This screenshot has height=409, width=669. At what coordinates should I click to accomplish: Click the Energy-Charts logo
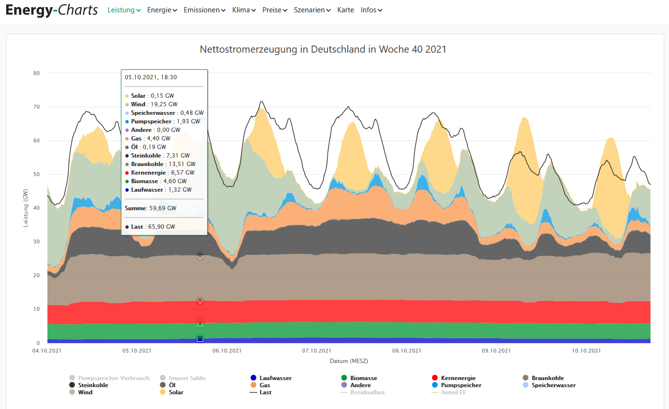pos(52,10)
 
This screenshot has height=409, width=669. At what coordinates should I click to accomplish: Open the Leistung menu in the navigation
pos(124,10)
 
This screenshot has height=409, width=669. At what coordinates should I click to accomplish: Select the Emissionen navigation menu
pos(204,10)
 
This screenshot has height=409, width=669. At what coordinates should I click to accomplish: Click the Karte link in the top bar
pos(346,10)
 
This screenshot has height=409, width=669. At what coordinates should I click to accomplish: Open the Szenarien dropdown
pos(312,10)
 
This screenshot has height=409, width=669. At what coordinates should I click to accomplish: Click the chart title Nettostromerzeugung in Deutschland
pos(323,49)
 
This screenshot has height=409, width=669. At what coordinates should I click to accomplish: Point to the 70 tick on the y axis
pos(37,107)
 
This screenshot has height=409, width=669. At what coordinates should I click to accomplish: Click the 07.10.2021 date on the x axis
pos(316,351)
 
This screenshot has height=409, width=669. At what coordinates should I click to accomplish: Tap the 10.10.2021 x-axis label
pos(586,351)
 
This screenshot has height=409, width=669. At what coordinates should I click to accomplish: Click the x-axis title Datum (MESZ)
pos(349,361)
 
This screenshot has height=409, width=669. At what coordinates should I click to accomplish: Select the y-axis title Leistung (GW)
pos(26,208)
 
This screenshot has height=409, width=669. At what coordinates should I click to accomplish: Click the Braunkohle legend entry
pos(547,378)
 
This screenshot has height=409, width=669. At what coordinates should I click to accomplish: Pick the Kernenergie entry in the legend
pos(458,378)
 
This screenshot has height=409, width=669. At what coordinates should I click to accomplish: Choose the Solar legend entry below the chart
pos(175,392)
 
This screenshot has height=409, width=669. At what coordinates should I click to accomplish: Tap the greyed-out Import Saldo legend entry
pos(187,378)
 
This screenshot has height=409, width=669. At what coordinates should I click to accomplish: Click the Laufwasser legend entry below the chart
pos(275,378)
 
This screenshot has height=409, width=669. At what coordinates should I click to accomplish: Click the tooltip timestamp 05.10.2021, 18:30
pos(151,77)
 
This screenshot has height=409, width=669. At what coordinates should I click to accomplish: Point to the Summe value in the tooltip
pos(150,208)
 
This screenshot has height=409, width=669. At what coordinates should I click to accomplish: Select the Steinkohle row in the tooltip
pos(160,156)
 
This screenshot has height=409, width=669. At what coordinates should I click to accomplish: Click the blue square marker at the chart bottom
pos(200,338)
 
